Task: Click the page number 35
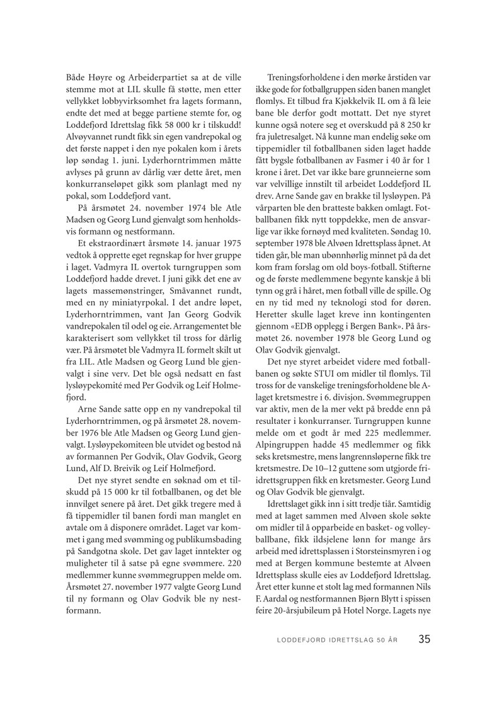tap(424, 639)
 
